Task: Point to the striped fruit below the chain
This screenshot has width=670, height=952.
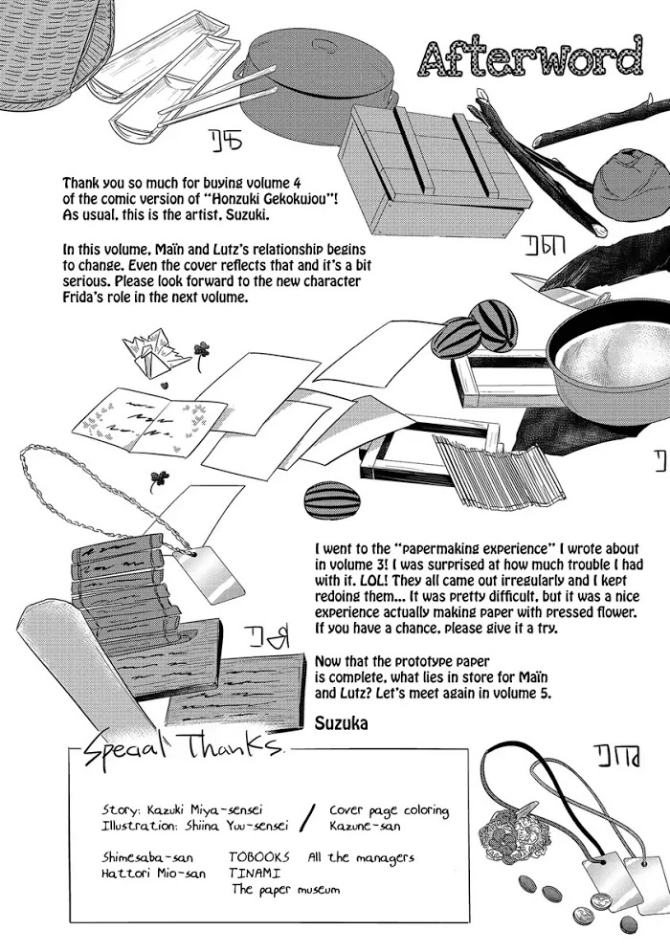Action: point(325,499)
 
